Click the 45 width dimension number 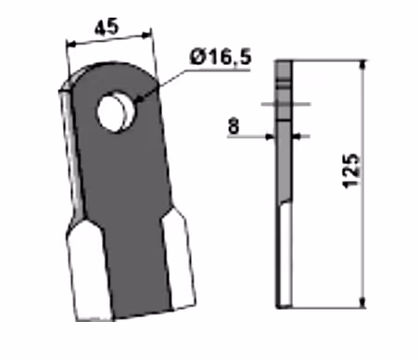(107, 27)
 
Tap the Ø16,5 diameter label (221, 57)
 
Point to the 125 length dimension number (351, 171)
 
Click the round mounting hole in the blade (115, 111)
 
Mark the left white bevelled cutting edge (88, 270)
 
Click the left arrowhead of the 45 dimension (71, 45)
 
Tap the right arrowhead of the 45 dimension (146, 35)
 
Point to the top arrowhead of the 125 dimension (363, 66)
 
